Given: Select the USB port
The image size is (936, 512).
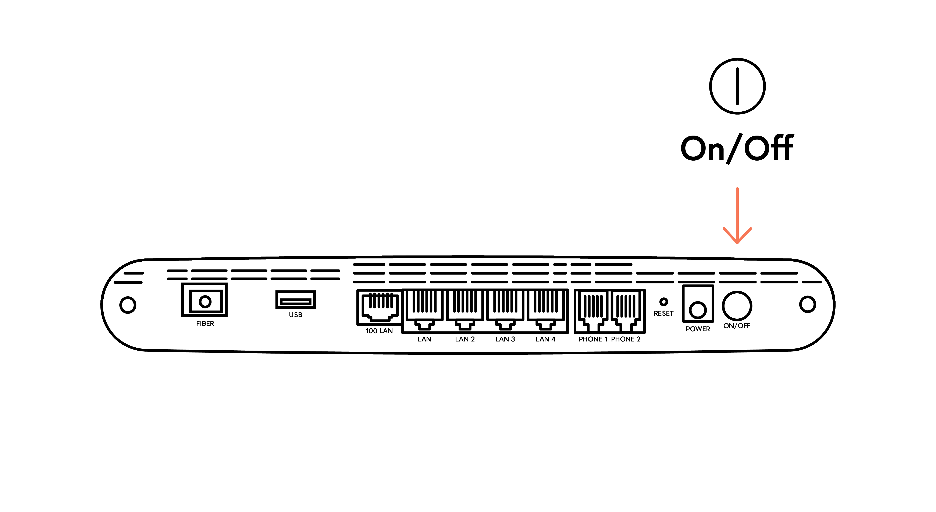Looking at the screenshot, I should [x=295, y=300].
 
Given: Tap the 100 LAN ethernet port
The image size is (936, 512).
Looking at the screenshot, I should [x=379, y=307].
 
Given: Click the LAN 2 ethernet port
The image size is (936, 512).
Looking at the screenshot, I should [x=465, y=309].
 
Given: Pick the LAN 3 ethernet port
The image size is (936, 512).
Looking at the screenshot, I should [x=505, y=309].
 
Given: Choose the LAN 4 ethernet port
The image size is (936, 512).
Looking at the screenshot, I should [x=545, y=309].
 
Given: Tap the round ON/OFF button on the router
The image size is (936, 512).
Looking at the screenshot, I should [x=737, y=306].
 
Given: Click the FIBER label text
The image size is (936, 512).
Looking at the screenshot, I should [x=205, y=323].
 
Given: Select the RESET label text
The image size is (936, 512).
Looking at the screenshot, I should [x=663, y=313].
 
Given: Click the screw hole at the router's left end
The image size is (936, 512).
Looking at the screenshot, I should [x=128, y=305].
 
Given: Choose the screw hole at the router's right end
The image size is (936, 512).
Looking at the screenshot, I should [x=807, y=304].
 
